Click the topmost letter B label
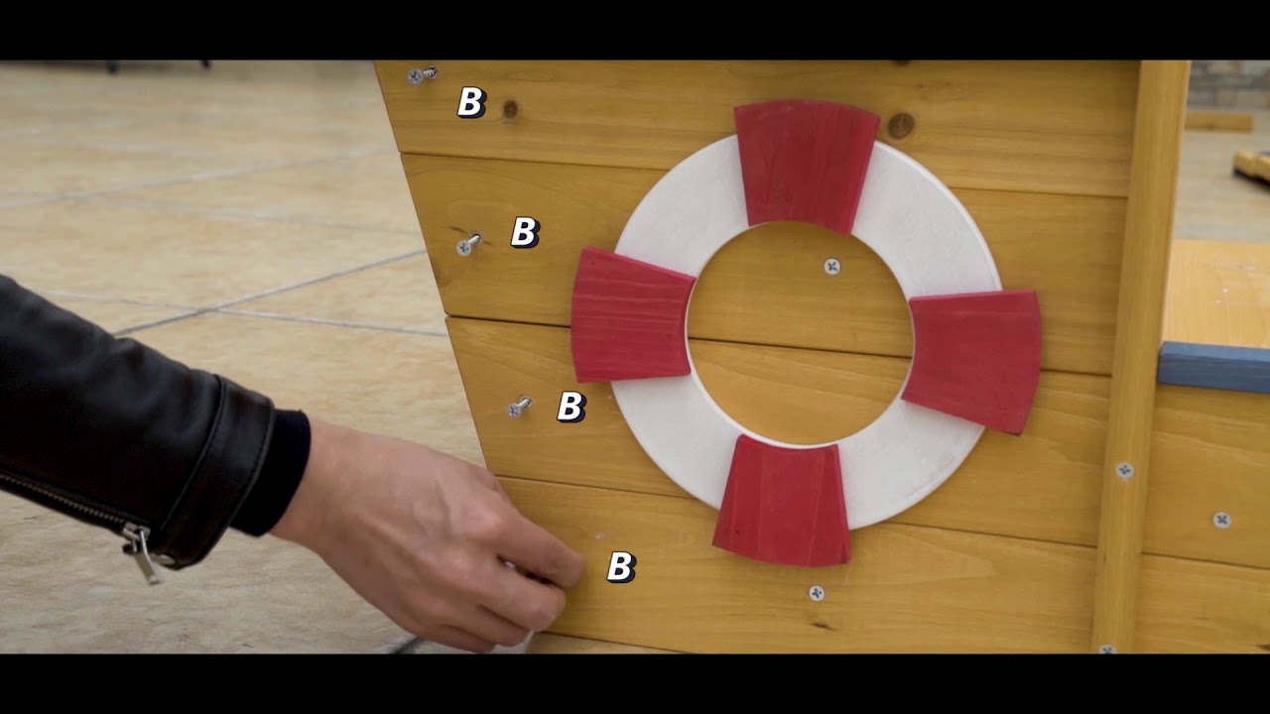[471, 102]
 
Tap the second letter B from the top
[525, 232]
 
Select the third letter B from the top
[571, 407]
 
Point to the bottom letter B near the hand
[621, 566]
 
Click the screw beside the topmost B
[423, 74]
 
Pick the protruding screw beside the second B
[469, 244]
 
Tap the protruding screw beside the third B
[519, 407]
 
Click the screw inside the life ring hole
[832, 267]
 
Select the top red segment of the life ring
[807, 166]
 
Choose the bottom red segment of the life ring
[783, 502]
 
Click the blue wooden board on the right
[1213, 366]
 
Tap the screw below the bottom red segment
[817, 593]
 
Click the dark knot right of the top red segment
[900, 125]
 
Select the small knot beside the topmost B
[510, 109]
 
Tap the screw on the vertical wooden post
[1125, 470]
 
